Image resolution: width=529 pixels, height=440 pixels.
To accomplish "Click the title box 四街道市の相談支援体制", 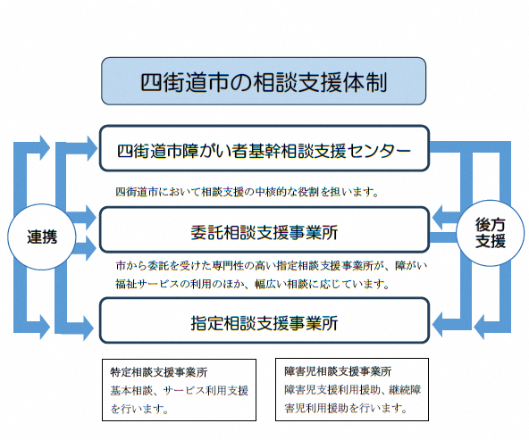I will pos(264,81).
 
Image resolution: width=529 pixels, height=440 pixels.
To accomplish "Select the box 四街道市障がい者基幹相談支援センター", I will pos(264,150).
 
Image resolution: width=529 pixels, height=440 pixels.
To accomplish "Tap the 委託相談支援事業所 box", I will pos(264,231).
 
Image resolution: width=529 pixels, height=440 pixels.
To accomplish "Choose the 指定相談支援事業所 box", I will pos(264,320).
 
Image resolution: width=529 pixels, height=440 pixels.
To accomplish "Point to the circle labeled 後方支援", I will pos(491,234).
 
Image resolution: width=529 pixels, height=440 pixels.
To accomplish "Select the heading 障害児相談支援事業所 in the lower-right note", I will pos(338,371).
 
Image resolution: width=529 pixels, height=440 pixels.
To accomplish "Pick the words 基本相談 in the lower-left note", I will pos(130,391).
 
